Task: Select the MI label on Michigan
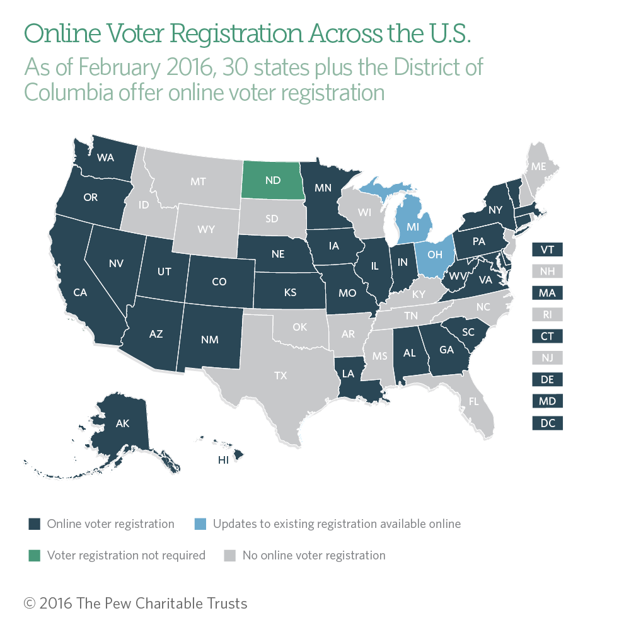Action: pos(413,224)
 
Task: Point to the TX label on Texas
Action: pos(280,375)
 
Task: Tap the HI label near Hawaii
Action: pos(223,460)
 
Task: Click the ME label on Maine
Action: pos(538,167)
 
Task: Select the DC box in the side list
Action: pos(547,423)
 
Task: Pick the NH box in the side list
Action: pos(547,272)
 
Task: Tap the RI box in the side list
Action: pos(547,314)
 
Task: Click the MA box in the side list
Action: pos(547,293)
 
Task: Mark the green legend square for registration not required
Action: pos(35,556)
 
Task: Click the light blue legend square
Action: pos(199,524)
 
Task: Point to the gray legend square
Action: pos(230,556)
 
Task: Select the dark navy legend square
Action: pos(35,524)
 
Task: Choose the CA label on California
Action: pos(79,292)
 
